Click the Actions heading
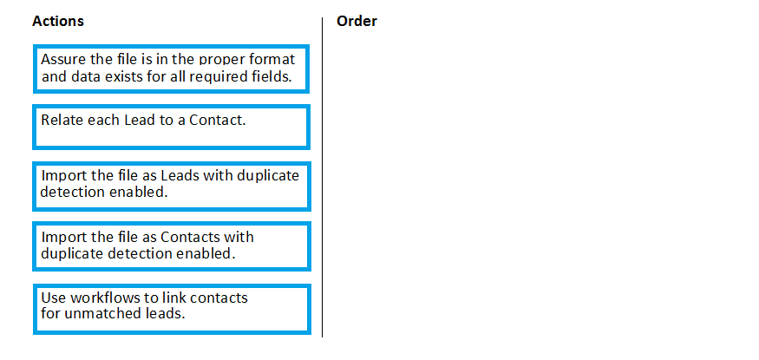58,22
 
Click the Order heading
357,22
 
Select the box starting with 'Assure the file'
172,69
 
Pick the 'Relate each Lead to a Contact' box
172,128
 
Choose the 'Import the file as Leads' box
172,187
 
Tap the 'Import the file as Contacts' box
172,246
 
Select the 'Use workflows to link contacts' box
172,309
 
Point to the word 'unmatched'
102,313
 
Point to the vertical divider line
322,177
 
